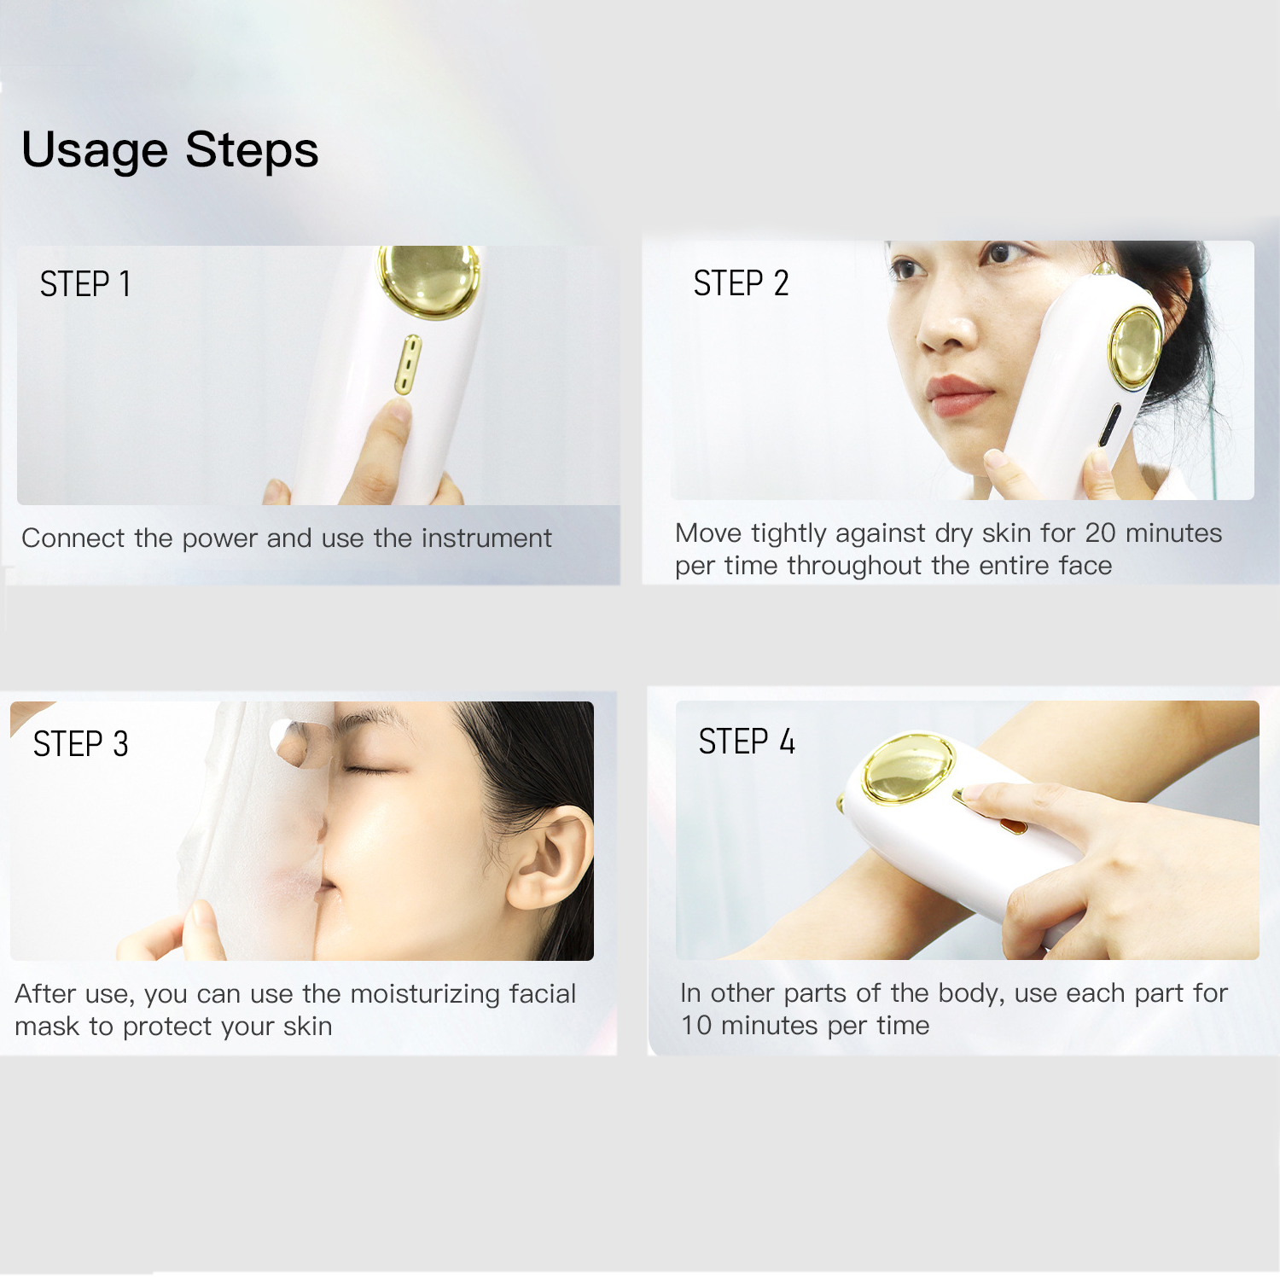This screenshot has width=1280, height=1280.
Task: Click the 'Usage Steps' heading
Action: [170, 151]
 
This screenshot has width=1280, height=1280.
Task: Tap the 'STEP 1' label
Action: [85, 284]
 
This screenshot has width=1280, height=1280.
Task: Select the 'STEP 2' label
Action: [741, 283]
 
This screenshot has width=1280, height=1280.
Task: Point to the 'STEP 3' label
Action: [81, 744]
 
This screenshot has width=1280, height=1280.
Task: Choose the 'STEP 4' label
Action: [747, 742]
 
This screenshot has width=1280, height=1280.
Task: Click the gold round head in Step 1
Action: [429, 280]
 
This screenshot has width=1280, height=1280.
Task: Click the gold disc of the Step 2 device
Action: [1136, 348]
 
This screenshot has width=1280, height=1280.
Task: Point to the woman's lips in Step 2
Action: [960, 395]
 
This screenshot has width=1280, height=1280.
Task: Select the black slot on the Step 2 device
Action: [1110, 425]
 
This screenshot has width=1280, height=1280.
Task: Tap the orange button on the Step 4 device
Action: [1013, 824]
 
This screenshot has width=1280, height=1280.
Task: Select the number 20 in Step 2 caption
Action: [1101, 533]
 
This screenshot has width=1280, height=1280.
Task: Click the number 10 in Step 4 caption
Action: [696, 1026]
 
